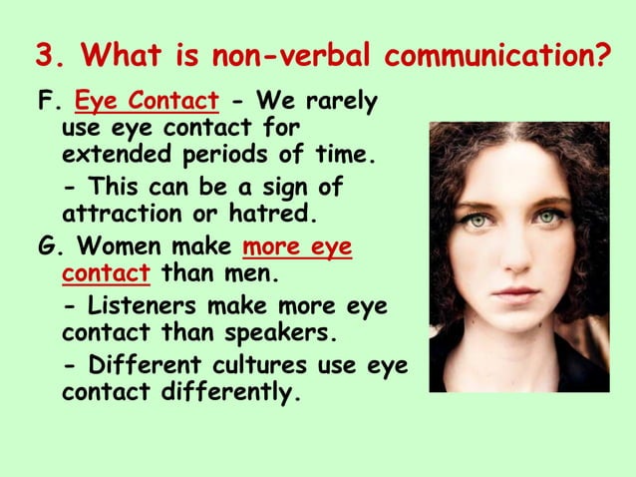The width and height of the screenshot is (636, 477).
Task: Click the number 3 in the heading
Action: pyautogui.click(x=43, y=53)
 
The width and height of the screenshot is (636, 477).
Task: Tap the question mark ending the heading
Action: pyautogui.click(x=603, y=53)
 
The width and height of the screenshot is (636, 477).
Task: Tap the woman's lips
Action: pyautogui.click(x=517, y=291)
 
